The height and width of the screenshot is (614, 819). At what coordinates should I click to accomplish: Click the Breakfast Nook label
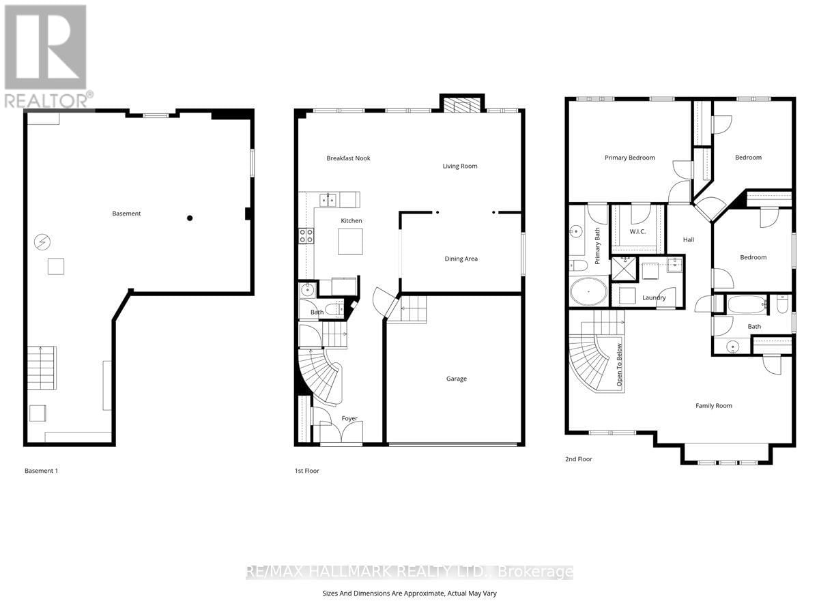348,158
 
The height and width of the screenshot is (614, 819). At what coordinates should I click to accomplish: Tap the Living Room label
459,166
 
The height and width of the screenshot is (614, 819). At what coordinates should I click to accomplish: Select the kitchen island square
350,242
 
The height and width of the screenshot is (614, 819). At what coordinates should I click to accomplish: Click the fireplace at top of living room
462,104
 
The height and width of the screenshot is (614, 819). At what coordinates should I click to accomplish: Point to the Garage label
456,379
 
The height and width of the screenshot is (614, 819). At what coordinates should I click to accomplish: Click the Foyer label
349,418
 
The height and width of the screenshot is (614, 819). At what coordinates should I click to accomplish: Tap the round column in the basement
190,218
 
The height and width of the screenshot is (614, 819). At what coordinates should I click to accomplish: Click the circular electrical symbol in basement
42,242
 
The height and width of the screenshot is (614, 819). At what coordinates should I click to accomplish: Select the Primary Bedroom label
629,158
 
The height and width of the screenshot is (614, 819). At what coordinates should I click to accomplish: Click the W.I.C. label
637,231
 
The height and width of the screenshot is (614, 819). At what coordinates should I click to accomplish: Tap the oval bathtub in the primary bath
588,292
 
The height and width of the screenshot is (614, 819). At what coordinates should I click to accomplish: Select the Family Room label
713,406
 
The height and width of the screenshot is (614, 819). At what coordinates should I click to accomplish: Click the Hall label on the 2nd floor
689,239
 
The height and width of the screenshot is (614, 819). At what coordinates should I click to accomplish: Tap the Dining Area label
461,259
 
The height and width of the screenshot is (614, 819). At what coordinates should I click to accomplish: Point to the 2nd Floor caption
578,459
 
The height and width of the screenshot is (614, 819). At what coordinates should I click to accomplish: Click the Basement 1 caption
41,471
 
